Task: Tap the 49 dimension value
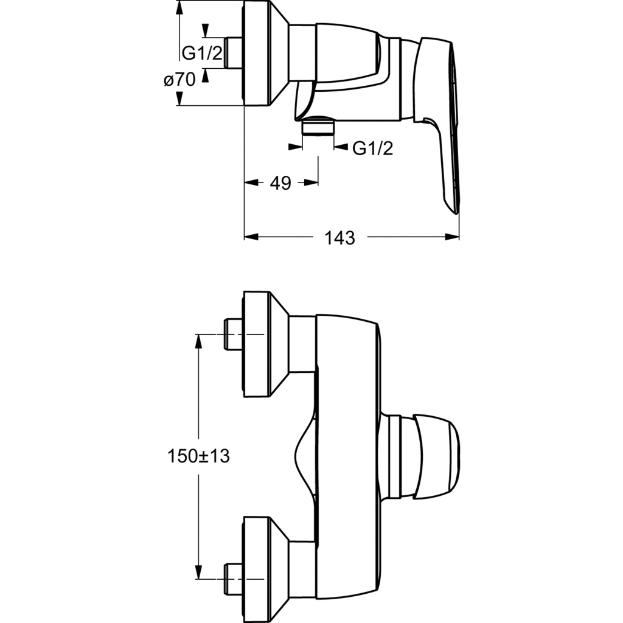pyautogui.click(x=280, y=183)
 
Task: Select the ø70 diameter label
pyautogui.click(x=179, y=80)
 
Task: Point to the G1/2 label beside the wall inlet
pyautogui.click(x=203, y=53)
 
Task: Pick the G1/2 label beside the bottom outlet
pyautogui.click(x=373, y=147)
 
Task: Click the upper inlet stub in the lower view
pyautogui.click(x=234, y=335)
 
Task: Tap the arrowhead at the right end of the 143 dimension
pyautogui.click(x=453, y=237)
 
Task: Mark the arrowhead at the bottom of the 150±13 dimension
pyautogui.click(x=199, y=572)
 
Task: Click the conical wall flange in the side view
pyautogui.click(x=265, y=53)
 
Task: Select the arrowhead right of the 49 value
pyautogui.click(x=311, y=183)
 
